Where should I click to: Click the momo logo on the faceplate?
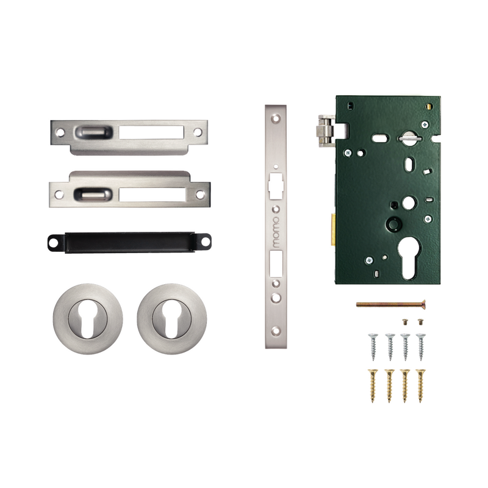(276, 232)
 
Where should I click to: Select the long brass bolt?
(391, 304)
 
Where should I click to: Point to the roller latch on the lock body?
(325, 131)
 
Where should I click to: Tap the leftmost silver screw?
(373, 346)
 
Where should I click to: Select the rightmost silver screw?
(421, 346)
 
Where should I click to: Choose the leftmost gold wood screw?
(373, 386)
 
